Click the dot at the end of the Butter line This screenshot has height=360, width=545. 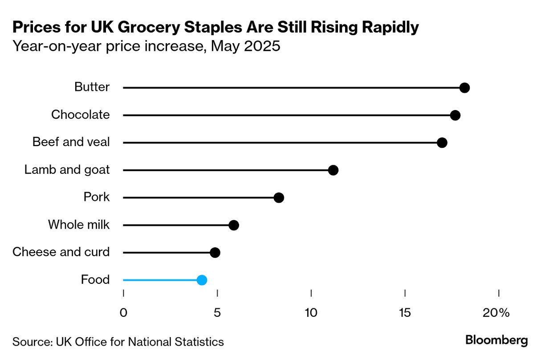(x=464, y=88)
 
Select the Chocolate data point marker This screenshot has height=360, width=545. (x=455, y=115)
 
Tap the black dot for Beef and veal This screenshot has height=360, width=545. (x=442, y=143)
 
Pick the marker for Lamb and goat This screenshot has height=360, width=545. (x=333, y=170)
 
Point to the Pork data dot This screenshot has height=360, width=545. (x=279, y=198)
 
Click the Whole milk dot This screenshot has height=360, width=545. (x=234, y=225)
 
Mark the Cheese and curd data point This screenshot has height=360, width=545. (x=215, y=253)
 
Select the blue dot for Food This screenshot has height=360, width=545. (x=202, y=280)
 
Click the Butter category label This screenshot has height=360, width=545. (x=92, y=87)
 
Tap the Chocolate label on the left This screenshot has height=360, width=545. (x=80, y=115)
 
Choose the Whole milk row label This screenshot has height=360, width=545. (x=79, y=225)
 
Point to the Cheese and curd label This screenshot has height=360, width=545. (x=61, y=252)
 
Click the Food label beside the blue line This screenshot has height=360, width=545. (x=95, y=280)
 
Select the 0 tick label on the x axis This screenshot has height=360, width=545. (x=123, y=313)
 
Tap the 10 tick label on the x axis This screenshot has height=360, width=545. (x=311, y=313)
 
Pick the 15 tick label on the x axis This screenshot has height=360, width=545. (x=405, y=313)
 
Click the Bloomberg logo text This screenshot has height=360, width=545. (x=496, y=341)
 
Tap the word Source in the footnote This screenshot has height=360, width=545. (x=31, y=342)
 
